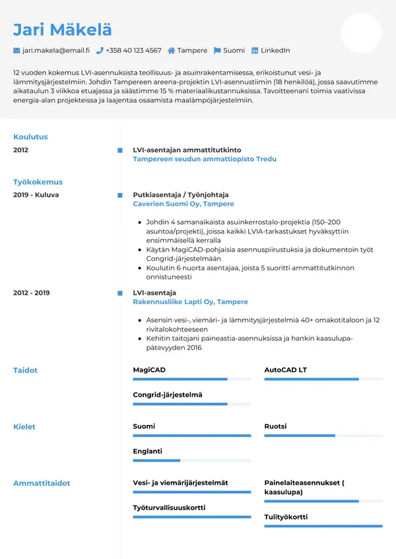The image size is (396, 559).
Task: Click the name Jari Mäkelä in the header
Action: pyautogui.click(x=63, y=29)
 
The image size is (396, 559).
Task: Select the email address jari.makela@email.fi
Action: pyautogui.click(x=55, y=50)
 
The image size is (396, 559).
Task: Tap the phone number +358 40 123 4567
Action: pyautogui.click(x=133, y=50)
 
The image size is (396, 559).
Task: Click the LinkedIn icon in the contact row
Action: pyautogui.click(x=255, y=50)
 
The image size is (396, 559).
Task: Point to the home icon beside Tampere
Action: pyautogui.click(x=172, y=50)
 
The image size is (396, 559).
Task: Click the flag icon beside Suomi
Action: pyautogui.click(x=217, y=50)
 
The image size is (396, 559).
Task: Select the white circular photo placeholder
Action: pyautogui.click(x=361, y=33)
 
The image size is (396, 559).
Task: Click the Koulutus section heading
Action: pyautogui.click(x=30, y=137)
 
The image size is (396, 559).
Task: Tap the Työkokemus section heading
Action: pyautogui.click(x=38, y=182)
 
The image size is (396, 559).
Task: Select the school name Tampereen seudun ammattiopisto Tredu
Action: pyautogui.click(x=205, y=159)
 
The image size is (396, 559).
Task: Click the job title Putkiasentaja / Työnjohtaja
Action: pyautogui.click(x=180, y=195)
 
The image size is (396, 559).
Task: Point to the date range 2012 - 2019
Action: pyautogui.click(x=31, y=293)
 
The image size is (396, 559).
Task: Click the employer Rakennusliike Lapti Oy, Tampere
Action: pyautogui.click(x=190, y=302)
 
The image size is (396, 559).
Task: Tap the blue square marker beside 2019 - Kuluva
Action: pyautogui.click(x=119, y=195)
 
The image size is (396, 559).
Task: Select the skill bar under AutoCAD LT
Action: pyautogui.click(x=323, y=379)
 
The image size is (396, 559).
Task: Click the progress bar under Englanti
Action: pyautogui.click(x=191, y=460)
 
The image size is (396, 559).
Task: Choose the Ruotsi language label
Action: pyautogui.click(x=275, y=427)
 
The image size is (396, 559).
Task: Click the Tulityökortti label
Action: pyautogui.click(x=286, y=517)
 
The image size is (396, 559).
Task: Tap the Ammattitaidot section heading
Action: pyautogui.click(x=42, y=483)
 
